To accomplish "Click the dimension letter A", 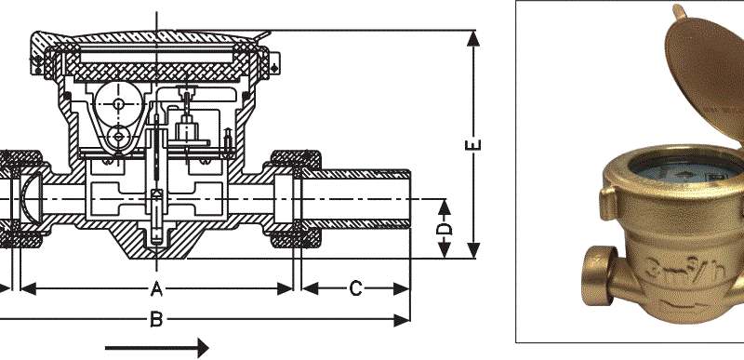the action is point(156,288).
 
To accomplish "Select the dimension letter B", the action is point(156,320).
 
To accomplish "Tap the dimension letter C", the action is point(356,288).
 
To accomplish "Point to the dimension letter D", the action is point(445,229).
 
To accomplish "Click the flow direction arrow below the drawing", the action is point(156,348).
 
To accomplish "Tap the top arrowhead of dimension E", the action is point(473,38).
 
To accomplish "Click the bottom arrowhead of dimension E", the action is point(473,250).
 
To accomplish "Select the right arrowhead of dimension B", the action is point(402,320).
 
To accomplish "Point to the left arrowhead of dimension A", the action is point(29,288).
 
